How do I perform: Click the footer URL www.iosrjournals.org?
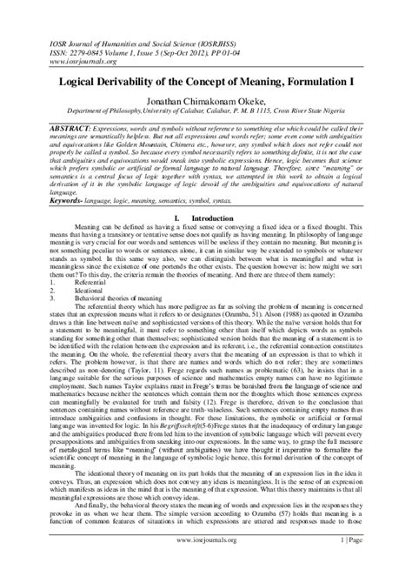click(206, 565)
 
